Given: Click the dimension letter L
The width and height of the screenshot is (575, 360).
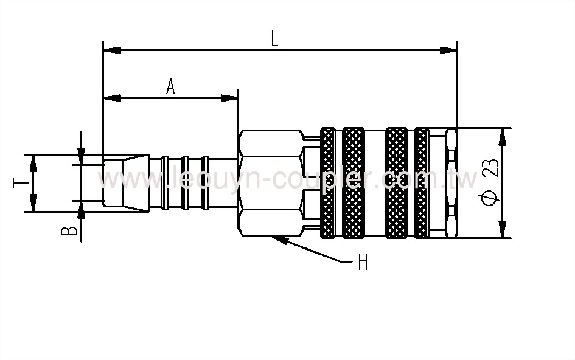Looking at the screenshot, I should point(274,40).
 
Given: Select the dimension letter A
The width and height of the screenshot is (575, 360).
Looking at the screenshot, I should point(170,88).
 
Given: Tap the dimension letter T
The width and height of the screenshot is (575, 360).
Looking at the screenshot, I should point(19,182).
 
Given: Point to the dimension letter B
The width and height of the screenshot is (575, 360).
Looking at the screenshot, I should point(71,230).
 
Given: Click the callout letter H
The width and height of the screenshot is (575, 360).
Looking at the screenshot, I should point(363,263).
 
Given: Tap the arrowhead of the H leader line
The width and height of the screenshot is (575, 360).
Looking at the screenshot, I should point(279,239).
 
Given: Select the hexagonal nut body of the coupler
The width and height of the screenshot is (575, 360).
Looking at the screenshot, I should point(271,182).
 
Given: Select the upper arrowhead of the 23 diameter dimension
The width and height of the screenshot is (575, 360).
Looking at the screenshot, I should point(502,136).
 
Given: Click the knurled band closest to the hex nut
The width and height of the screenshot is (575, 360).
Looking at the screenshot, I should point(328,182).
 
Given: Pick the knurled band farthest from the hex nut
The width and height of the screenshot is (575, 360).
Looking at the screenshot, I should point(421,182).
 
